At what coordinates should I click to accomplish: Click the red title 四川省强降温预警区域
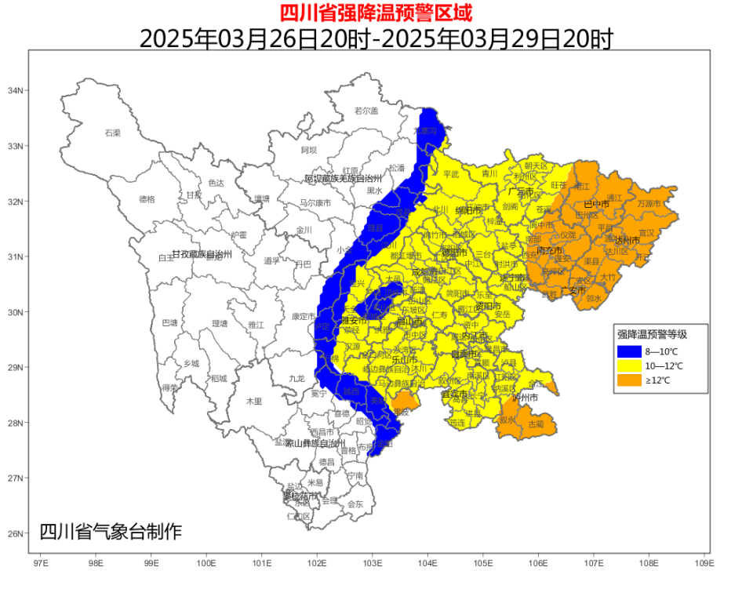[376, 13]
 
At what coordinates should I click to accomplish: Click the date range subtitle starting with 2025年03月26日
[376, 38]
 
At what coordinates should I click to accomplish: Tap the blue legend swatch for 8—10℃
[629, 351]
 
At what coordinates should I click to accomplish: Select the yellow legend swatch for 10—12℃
[629, 365]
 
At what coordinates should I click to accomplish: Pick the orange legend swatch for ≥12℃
[629, 380]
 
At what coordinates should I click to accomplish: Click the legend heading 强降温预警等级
[652, 334]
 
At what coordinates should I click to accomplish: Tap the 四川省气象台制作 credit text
[111, 532]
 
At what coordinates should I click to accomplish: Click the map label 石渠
[113, 133]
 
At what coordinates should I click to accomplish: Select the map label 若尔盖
[366, 111]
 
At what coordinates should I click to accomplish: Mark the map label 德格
[147, 199]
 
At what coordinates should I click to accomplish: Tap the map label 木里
[253, 401]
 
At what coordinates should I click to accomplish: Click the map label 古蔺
[535, 424]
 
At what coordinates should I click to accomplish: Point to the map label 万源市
[649, 203]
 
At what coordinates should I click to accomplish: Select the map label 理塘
[220, 323]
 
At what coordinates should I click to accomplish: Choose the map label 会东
[355, 504]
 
